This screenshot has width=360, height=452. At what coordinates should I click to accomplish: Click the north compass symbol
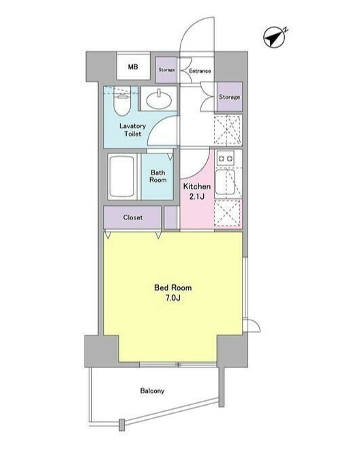pyautogui.click(x=274, y=37)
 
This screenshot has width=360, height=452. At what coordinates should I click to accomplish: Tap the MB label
pyautogui.click(x=133, y=67)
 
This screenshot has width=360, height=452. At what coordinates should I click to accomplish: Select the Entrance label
pyautogui.click(x=200, y=71)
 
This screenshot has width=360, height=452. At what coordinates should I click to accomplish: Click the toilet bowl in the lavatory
pyautogui.click(x=121, y=101)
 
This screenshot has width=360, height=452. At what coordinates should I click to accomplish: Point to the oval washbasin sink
pyautogui.click(x=159, y=100)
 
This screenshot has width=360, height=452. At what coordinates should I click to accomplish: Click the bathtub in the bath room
pyautogui.click(x=122, y=177)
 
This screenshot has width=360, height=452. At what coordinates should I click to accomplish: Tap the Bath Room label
pyautogui.click(x=157, y=176)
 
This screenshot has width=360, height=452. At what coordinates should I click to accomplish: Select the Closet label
pyautogui.click(x=132, y=217)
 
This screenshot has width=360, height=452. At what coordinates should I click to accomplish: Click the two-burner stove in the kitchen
pyautogui.click(x=226, y=158)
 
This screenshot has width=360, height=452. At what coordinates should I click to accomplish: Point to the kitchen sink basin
pyautogui.click(x=226, y=182)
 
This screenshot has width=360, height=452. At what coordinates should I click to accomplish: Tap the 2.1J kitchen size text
pyautogui.click(x=197, y=196)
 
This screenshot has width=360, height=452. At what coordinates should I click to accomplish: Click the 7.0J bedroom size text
pyautogui.click(x=172, y=298)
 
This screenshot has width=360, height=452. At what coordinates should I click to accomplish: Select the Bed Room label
pyautogui.click(x=172, y=288)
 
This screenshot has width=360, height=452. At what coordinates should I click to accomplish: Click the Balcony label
pyautogui.click(x=152, y=391)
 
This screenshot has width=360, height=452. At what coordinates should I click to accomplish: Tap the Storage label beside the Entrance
pyautogui.click(x=166, y=70)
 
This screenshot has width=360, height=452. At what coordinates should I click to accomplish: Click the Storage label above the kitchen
pyautogui.click(x=229, y=97)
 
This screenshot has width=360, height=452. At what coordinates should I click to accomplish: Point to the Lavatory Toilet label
pyautogui.click(x=132, y=130)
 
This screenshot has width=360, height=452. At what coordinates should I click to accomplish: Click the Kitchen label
pyautogui.click(x=197, y=186)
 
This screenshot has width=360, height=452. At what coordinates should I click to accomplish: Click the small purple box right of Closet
pyautogui.click(x=170, y=217)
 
